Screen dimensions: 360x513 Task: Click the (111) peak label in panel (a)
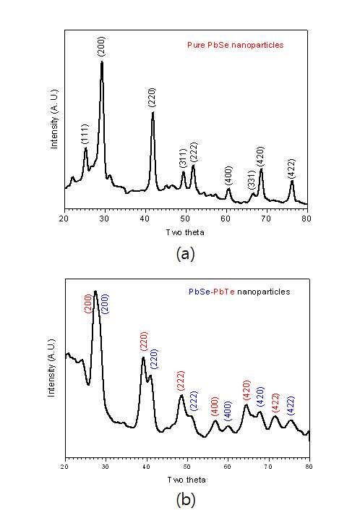(85, 134)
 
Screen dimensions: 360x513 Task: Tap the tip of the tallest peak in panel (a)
(102, 62)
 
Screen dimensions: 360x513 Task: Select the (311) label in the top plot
(183, 158)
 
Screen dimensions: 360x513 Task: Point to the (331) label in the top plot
(251, 180)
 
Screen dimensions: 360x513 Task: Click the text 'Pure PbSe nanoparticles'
(236, 45)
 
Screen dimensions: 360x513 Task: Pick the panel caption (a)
(185, 253)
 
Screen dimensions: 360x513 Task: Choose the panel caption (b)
(186, 499)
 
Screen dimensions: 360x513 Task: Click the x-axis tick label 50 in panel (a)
(186, 219)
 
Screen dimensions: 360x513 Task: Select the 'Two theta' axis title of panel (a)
(185, 232)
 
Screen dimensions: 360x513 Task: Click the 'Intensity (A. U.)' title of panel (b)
(51, 368)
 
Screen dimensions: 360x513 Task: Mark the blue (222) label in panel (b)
(194, 401)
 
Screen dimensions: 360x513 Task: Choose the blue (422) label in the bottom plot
(291, 406)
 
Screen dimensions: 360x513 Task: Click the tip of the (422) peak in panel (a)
(292, 181)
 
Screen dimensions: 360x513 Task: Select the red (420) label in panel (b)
(247, 390)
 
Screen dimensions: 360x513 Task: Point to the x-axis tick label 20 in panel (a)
(64, 219)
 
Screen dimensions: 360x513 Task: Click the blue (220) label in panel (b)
(154, 359)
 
